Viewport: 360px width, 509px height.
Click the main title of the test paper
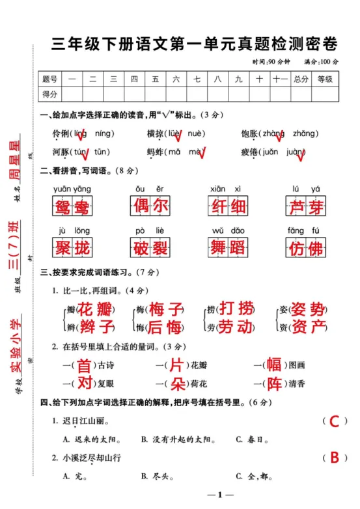click(195, 44)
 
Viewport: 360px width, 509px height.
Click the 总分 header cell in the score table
click(301, 79)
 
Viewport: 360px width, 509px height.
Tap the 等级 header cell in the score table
click(325, 79)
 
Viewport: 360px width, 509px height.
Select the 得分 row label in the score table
click(50, 94)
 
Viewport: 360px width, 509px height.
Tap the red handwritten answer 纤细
click(228, 207)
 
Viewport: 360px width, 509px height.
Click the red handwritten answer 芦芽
click(305, 207)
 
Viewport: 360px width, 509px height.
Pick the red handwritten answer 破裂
click(150, 248)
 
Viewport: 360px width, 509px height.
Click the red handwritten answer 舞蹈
click(228, 248)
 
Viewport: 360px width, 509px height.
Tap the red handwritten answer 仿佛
click(305, 248)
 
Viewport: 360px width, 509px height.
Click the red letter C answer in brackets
click(335, 422)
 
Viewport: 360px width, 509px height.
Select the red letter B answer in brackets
click(335, 458)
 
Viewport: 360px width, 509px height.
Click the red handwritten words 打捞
click(236, 308)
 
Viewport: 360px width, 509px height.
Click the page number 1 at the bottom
click(220, 496)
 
